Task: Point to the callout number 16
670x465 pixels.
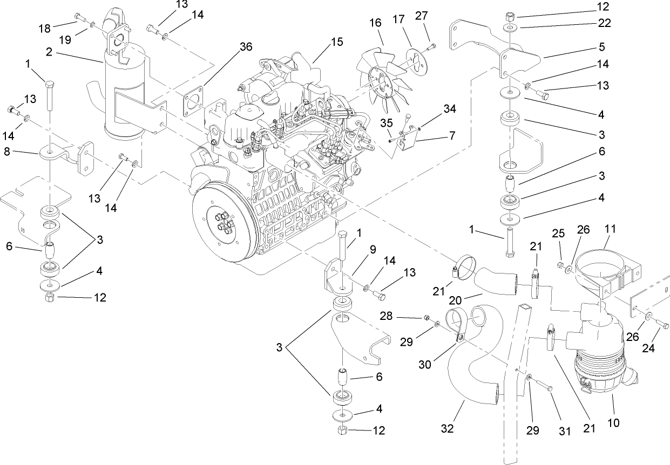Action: (x=375, y=23)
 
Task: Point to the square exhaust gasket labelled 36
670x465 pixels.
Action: (x=196, y=101)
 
